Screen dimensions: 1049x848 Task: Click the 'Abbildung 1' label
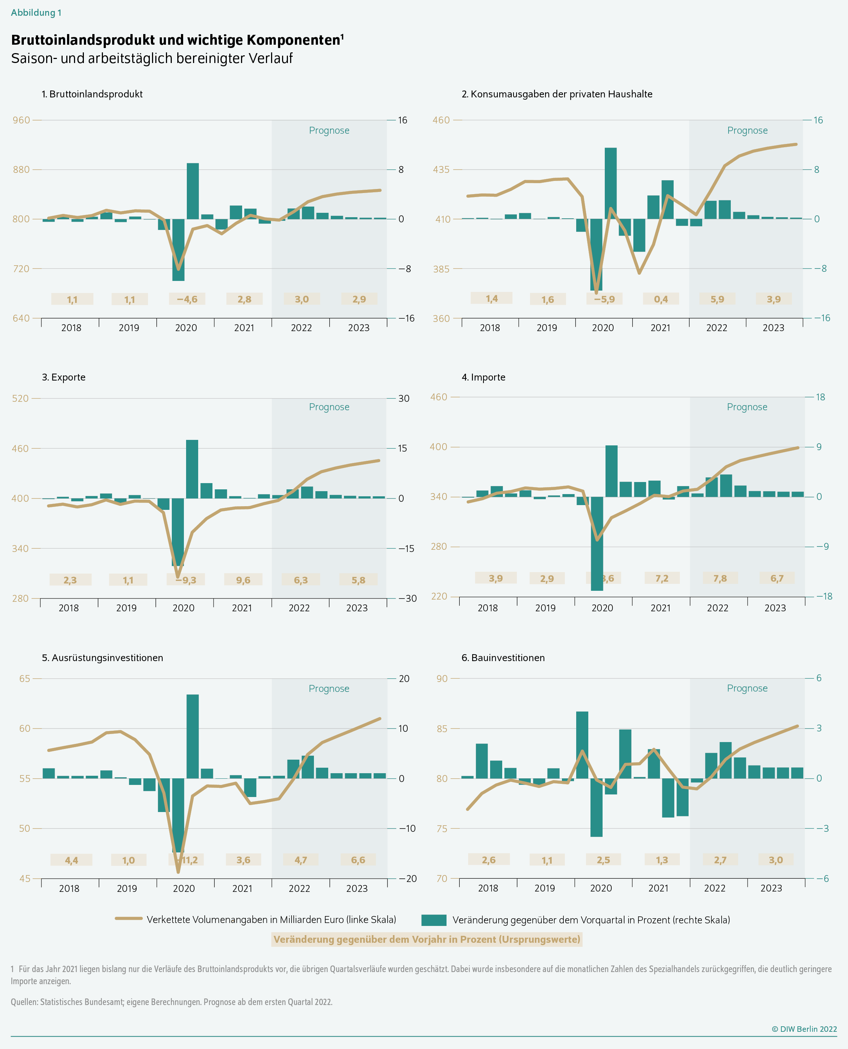click(x=36, y=13)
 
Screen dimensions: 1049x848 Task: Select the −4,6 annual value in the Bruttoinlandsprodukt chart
click(x=187, y=299)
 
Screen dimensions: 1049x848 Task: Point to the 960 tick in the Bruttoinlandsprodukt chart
click(x=21, y=120)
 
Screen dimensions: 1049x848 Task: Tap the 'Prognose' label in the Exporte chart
click(x=329, y=407)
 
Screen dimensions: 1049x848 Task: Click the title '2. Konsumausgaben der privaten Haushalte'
click(x=556, y=94)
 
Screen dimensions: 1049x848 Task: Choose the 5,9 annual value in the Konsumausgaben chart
click(x=717, y=299)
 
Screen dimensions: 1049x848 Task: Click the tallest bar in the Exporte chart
click(x=192, y=469)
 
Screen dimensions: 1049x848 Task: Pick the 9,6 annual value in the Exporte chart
click(x=243, y=580)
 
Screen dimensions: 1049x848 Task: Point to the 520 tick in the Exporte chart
click(x=20, y=399)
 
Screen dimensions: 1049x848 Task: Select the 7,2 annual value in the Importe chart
click(x=662, y=578)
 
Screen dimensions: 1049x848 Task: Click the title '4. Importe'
click(x=483, y=377)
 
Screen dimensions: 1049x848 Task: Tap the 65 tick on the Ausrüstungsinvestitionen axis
click(x=25, y=678)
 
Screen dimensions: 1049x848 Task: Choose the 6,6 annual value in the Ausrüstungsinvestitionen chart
click(x=358, y=860)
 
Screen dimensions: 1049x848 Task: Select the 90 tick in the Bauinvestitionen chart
click(x=442, y=678)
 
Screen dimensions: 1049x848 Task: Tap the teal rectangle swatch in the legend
click(x=434, y=920)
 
